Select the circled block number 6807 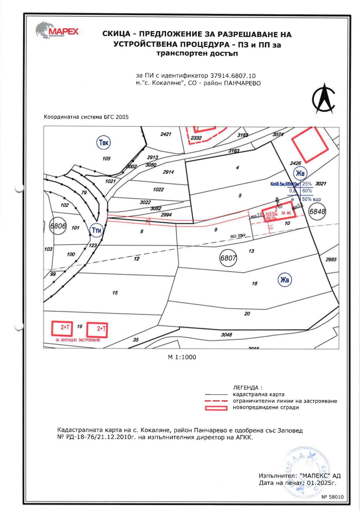point(228,258)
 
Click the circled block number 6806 point(58,226)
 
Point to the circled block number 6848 point(317,212)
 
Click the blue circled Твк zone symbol point(103,143)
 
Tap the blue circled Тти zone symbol point(96,230)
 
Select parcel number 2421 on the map point(166,134)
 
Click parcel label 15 point(115,292)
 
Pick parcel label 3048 point(226,335)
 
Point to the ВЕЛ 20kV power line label point(237,236)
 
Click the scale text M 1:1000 point(182,357)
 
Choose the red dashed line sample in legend point(216,401)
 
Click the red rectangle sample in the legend point(216,408)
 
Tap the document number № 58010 point(332,497)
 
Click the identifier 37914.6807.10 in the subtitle point(233,76)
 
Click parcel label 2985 point(331,260)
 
